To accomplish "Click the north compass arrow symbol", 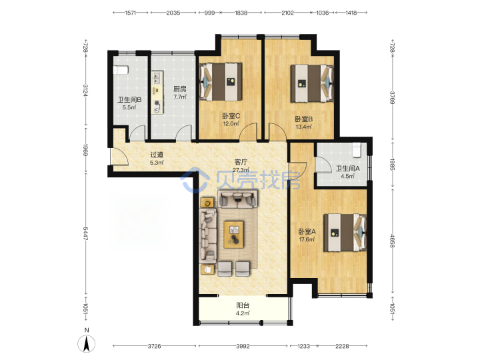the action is click(87, 343).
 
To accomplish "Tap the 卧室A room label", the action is click(307, 231).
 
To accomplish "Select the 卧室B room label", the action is click(304, 119).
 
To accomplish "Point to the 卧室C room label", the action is click(231, 116).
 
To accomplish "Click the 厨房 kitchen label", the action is click(180, 89).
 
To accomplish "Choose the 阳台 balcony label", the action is click(243, 305).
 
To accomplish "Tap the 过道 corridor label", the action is click(157, 155).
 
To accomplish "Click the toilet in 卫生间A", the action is click(357, 150).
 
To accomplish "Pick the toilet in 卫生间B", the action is click(120, 70).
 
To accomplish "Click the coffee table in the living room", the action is click(234, 235).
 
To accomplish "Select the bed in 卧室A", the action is click(345, 233).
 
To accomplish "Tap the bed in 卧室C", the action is click(221, 82).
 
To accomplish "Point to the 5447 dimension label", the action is click(86, 235).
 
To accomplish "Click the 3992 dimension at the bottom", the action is click(243, 346).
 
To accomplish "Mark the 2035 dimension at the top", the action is click(173, 13).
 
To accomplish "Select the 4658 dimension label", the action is click(393, 241).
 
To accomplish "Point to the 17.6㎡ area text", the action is click(307, 239).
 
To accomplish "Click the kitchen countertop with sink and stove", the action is click(157, 93).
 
